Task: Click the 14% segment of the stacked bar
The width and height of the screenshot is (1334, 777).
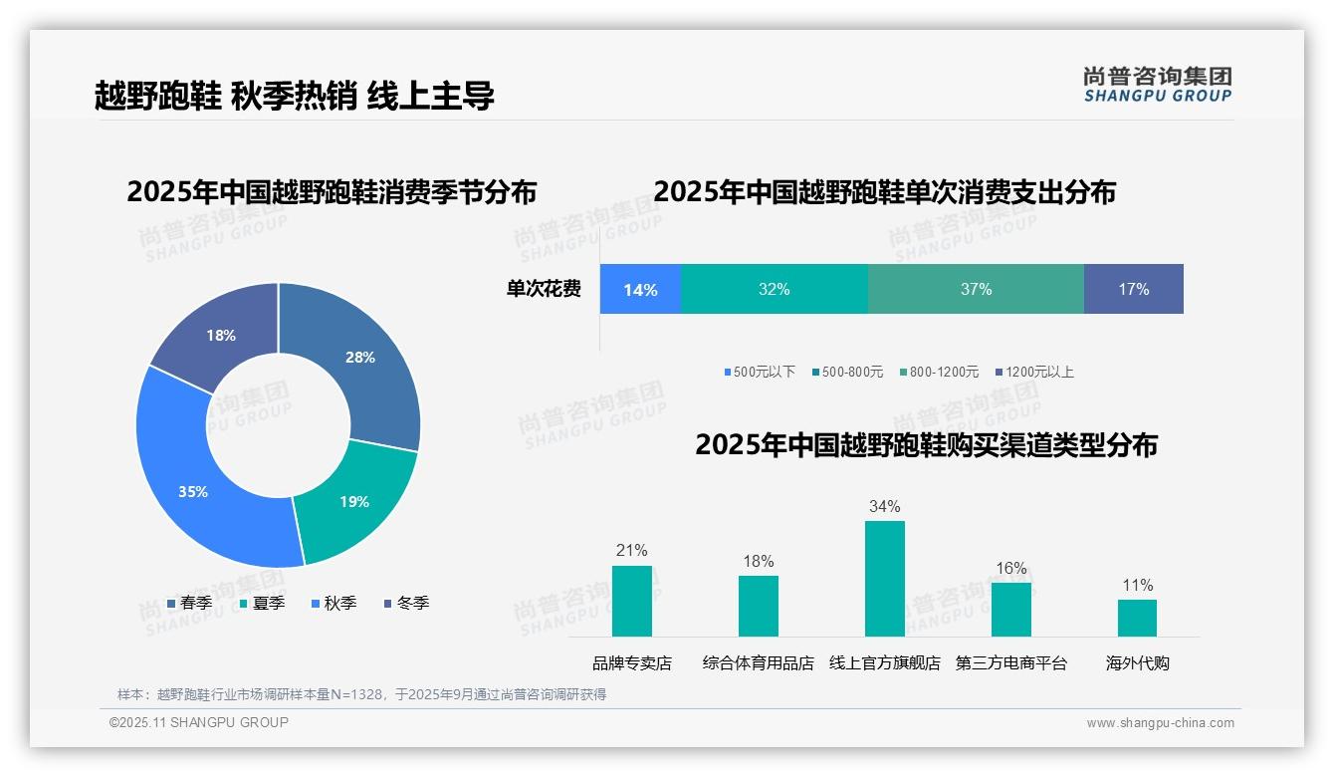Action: (640, 289)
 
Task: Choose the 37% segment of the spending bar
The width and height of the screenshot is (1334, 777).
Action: (976, 289)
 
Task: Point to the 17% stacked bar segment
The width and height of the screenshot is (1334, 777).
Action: (1133, 289)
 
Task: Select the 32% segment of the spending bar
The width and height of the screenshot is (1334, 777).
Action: (774, 289)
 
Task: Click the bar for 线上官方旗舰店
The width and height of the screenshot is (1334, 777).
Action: (884, 578)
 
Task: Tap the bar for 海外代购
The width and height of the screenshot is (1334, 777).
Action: (1137, 618)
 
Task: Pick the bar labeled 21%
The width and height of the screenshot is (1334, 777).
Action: (632, 601)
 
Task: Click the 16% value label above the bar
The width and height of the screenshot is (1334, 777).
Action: (1010, 568)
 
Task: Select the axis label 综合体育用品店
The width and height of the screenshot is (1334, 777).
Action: (758, 663)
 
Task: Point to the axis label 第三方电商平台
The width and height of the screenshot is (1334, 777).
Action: (1010, 663)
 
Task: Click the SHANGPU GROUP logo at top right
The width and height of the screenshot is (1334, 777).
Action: (1157, 85)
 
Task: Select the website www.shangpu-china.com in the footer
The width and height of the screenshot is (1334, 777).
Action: (1160, 723)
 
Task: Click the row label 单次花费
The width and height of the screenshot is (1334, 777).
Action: (544, 289)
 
